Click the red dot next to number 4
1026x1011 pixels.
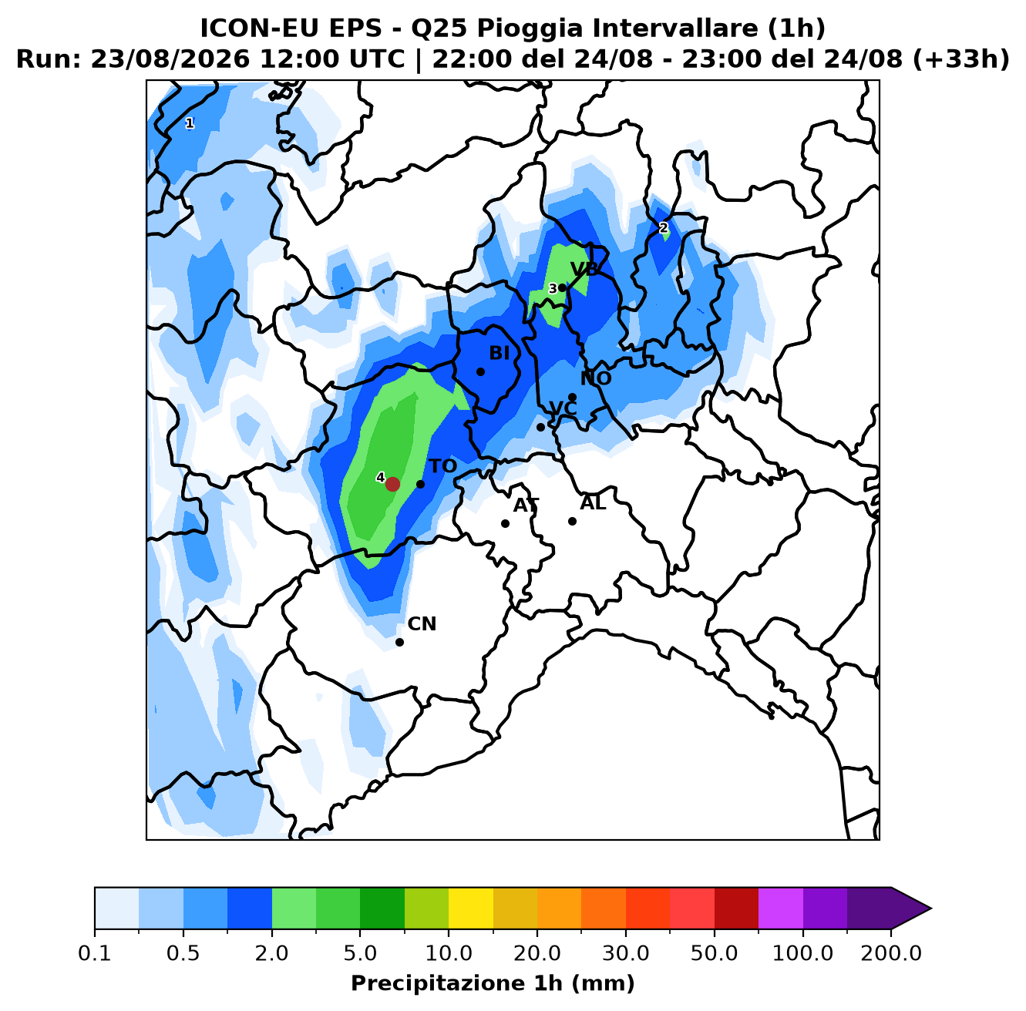(x=392, y=484)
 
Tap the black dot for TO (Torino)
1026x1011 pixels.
(x=420, y=484)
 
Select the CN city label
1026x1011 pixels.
(x=422, y=624)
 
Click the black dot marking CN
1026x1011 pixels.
(x=399, y=642)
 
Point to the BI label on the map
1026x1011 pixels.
(x=500, y=353)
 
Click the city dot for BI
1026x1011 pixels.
(x=480, y=371)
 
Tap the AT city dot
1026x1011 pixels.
(x=505, y=523)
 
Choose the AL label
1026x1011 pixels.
(x=593, y=503)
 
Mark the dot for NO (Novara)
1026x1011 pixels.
(x=573, y=397)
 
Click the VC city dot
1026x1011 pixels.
(x=540, y=427)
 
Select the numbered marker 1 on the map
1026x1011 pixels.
(x=190, y=123)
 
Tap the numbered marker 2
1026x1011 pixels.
(x=664, y=228)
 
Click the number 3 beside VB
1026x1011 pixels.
(x=553, y=288)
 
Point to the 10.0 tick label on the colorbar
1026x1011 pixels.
(x=449, y=953)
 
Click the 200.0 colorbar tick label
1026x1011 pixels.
(x=891, y=953)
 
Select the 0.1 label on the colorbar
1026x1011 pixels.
(x=95, y=953)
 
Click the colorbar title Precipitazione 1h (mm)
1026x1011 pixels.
(x=493, y=982)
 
